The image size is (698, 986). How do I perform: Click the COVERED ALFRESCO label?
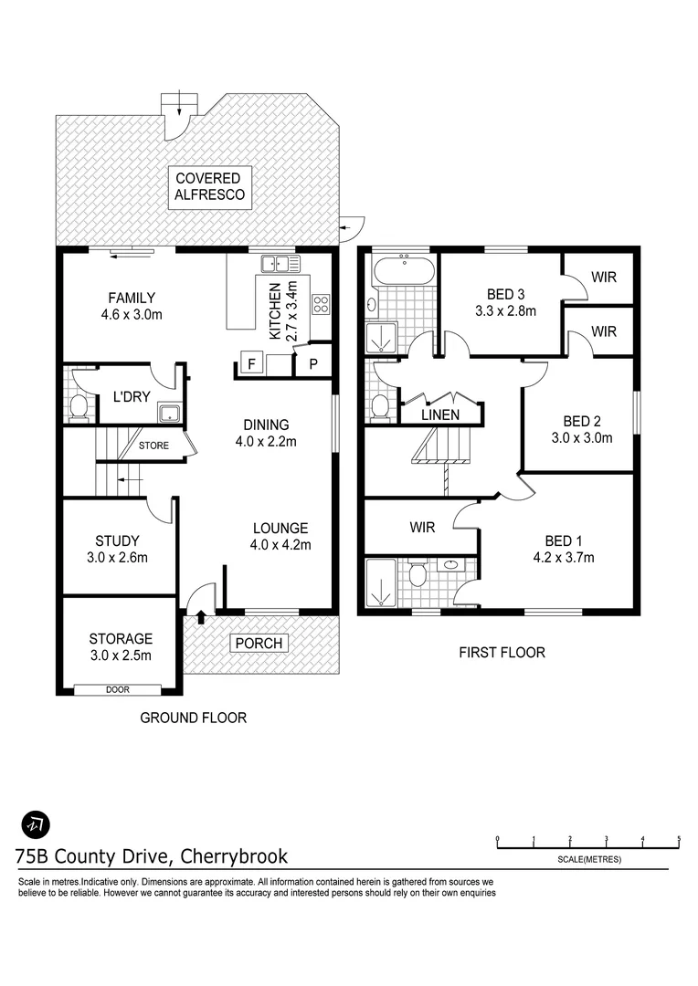pyautogui.click(x=208, y=186)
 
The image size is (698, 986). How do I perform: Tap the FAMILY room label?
pyautogui.click(x=132, y=298)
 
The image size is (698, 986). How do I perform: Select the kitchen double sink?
pyautogui.click(x=281, y=265)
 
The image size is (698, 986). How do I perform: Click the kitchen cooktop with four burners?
pyautogui.click(x=321, y=304)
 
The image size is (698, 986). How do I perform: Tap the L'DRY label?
pyautogui.click(x=131, y=397)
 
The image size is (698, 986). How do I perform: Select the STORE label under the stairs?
pyautogui.click(x=153, y=446)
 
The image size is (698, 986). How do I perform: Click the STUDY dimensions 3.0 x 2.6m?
pyautogui.click(x=117, y=558)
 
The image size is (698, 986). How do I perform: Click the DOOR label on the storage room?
pyautogui.click(x=117, y=689)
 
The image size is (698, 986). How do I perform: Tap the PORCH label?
pyautogui.click(x=259, y=644)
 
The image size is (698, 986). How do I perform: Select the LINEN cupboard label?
pyautogui.click(x=440, y=414)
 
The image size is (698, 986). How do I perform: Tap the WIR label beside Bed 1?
pyautogui.click(x=422, y=528)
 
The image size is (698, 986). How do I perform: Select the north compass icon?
pyautogui.click(x=35, y=823)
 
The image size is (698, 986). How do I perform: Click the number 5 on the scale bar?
pyautogui.click(x=679, y=838)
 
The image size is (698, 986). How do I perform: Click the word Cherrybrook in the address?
pyautogui.click(x=235, y=856)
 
